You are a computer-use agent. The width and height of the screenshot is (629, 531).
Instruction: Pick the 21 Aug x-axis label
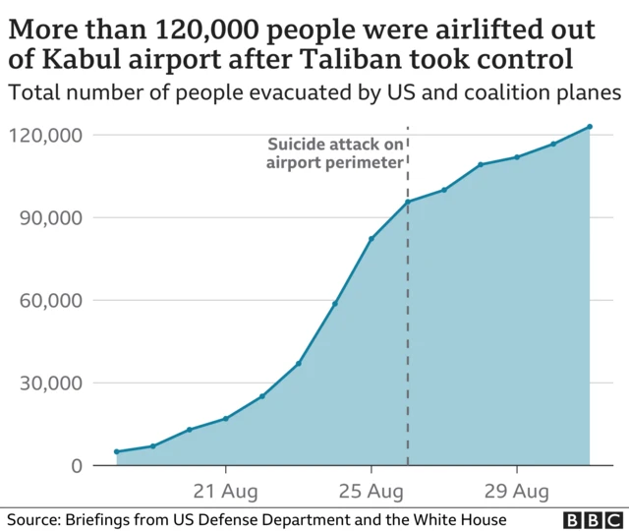226,490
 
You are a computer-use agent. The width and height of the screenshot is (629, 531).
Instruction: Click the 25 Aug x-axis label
372,490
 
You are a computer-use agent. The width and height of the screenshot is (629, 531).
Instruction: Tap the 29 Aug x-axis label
517,490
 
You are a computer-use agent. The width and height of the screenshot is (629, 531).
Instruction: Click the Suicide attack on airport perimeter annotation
335,153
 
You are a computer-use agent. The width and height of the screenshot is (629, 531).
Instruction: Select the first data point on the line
117,451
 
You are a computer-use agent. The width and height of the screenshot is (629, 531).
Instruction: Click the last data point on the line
590,126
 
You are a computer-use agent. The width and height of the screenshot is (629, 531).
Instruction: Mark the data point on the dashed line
408,202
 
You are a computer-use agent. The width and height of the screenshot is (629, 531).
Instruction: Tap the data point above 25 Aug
372,239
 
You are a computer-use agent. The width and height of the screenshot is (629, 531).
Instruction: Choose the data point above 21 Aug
226,418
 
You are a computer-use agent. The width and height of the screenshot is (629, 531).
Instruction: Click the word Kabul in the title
80,59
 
